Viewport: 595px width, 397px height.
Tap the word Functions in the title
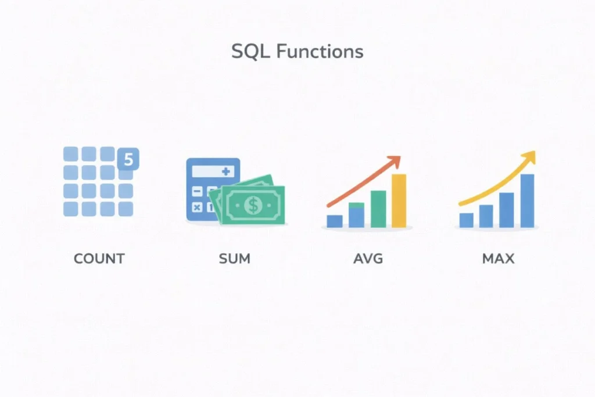[x=320, y=51]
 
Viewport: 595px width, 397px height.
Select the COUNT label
[x=99, y=258]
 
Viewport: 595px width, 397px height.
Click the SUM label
[x=235, y=258]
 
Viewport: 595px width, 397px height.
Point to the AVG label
[x=368, y=258]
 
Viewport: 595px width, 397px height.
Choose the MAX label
[x=499, y=258]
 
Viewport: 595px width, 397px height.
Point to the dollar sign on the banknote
[x=253, y=205]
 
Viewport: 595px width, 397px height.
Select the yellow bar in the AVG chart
[x=399, y=201]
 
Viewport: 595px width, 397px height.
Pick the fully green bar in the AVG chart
[x=378, y=209]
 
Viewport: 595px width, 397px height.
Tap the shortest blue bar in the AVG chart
[x=335, y=221]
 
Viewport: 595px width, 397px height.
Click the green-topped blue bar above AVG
[x=356, y=214]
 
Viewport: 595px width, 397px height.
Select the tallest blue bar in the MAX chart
[x=527, y=201]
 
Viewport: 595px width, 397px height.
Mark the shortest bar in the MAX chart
[x=466, y=220]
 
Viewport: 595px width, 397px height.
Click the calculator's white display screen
[x=213, y=172]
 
